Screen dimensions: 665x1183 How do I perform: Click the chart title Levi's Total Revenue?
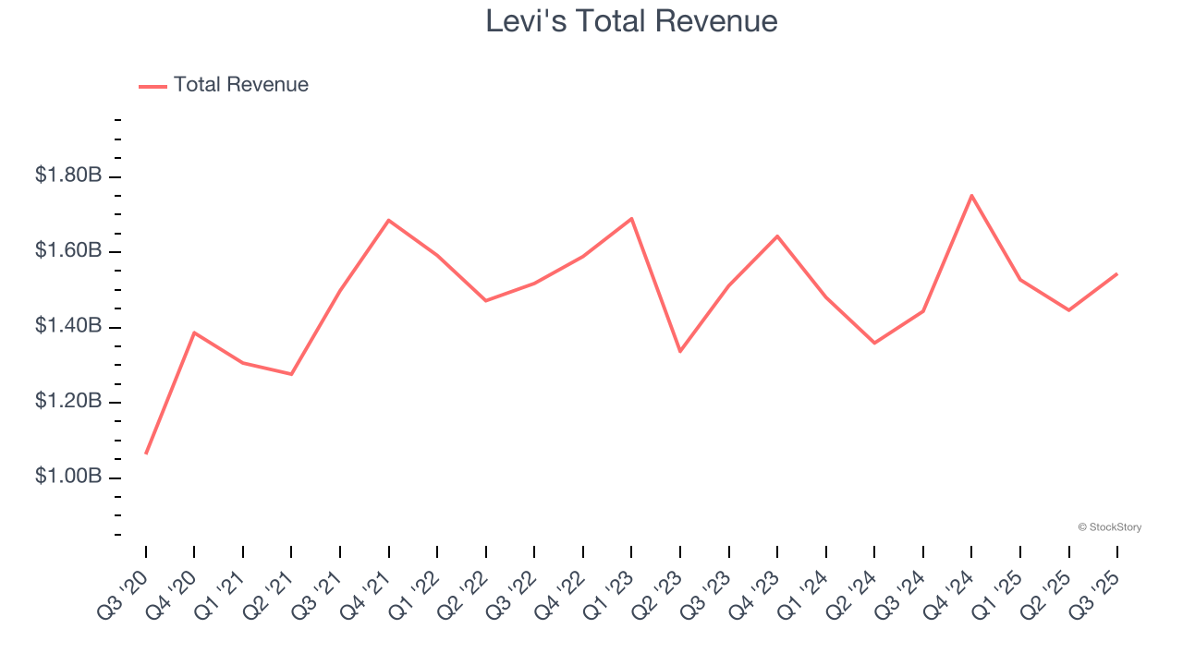click(631, 21)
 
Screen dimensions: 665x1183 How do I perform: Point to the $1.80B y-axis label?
click(68, 175)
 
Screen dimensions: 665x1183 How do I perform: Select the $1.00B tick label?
click(68, 477)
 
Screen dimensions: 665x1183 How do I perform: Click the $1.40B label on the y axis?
click(68, 326)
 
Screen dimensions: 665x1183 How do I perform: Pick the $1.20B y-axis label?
click(68, 402)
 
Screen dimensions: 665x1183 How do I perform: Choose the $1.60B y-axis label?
click(68, 251)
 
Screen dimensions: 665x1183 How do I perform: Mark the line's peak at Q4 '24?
click(971, 196)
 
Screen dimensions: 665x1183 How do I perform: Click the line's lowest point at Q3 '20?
click(146, 453)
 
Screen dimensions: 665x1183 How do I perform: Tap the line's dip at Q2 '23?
click(680, 351)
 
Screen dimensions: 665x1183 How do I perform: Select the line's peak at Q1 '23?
click(631, 219)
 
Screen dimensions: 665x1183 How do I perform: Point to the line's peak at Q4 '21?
click(389, 220)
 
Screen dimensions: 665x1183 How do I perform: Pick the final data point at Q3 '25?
click(1116, 273)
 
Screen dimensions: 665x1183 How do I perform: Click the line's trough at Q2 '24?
click(874, 343)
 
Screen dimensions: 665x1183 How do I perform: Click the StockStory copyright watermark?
click(1110, 527)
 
